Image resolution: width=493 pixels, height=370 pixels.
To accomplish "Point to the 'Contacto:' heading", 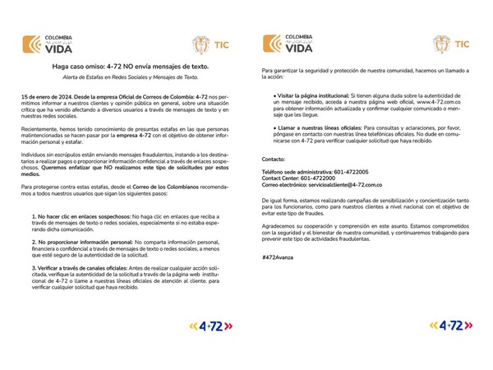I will click(274, 158).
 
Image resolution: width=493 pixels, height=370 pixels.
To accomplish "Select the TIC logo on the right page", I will click(451, 44).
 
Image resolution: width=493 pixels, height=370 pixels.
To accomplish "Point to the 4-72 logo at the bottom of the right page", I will click(444, 326).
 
